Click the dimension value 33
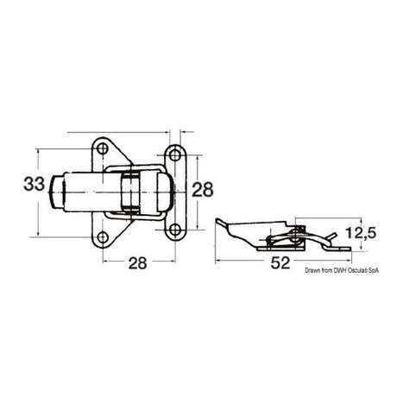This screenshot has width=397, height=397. [x=35, y=184]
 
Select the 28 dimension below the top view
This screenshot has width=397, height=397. [x=137, y=263]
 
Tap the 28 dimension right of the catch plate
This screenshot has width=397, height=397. [x=203, y=190]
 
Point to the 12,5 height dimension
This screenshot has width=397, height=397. [x=361, y=233]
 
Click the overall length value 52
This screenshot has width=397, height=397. [x=280, y=263]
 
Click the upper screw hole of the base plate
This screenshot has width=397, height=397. [x=102, y=148]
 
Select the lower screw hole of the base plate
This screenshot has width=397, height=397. [x=103, y=237]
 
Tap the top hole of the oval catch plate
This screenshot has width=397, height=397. [x=174, y=155]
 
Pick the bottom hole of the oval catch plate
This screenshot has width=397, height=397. [x=174, y=230]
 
